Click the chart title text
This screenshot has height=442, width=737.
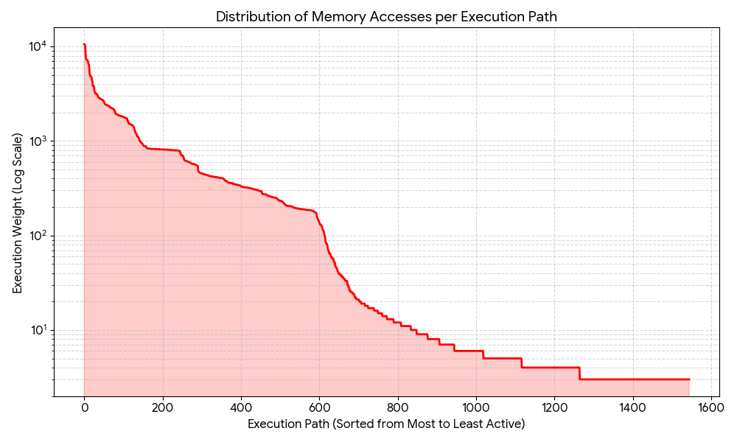click(x=386, y=16)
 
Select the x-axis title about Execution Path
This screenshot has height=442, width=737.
click(x=386, y=424)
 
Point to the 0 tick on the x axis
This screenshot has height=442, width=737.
click(x=85, y=406)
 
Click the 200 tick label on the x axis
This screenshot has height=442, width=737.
click(x=163, y=406)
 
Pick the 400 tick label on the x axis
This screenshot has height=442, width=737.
click(x=241, y=406)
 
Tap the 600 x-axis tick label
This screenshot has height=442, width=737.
click(x=319, y=406)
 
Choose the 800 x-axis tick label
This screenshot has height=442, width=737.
click(x=398, y=406)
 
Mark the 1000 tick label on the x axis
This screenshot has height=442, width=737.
click(x=476, y=406)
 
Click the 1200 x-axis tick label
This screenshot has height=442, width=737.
click(x=554, y=406)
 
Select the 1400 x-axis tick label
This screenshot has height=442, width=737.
click(x=632, y=406)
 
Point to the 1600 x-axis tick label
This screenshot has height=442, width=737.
click(x=710, y=406)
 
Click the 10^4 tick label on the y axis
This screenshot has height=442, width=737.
click(x=37, y=46)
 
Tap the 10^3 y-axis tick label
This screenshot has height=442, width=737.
click(x=37, y=141)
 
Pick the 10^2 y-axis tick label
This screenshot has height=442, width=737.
click(x=37, y=236)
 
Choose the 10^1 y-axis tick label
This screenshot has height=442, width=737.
click(x=37, y=329)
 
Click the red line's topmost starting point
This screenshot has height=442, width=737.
click(x=85, y=44)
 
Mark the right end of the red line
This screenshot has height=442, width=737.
click(x=689, y=379)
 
